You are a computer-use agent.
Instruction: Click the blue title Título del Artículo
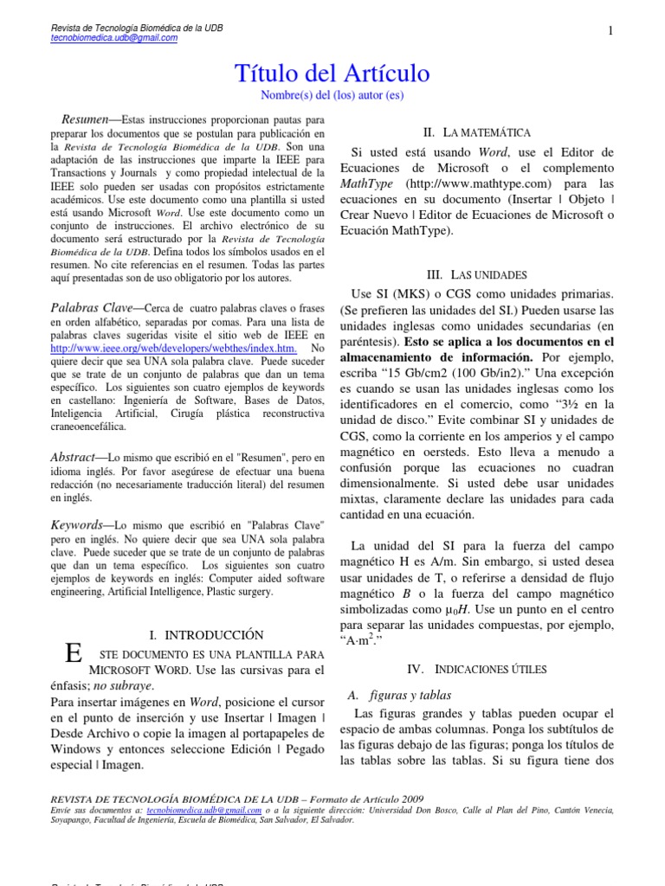point(332,74)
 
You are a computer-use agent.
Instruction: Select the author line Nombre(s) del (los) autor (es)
point(332,95)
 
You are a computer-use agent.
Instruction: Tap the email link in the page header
point(114,38)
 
